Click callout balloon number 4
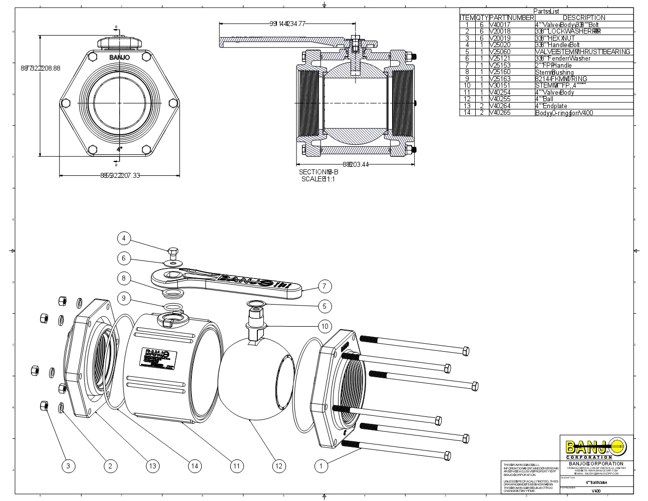pyautogui.click(x=124, y=238)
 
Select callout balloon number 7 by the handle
pyautogui.click(x=325, y=287)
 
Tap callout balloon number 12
pyautogui.click(x=278, y=466)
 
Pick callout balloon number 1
pyautogui.click(x=321, y=466)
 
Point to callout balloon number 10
pyautogui.click(x=325, y=327)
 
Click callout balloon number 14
pyautogui.click(x=195, y=466)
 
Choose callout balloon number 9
pyautogui.click(x=124, y=299)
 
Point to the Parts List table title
pyautogui.click(x=546, y=11)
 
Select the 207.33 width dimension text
pyautogui.click(x=120, y=175)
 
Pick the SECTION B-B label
pyautogui.click(x=318, y=172)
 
